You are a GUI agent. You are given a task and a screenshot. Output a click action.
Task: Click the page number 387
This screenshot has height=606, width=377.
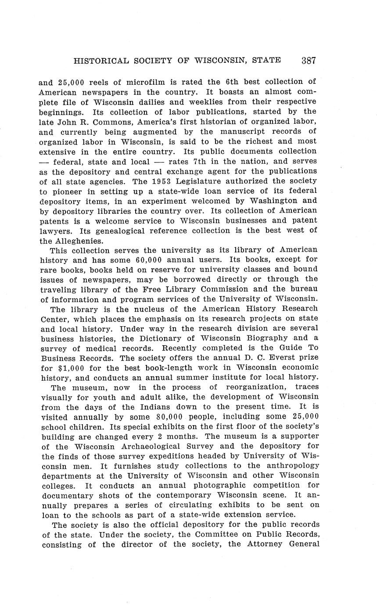pyautogui.click(x=309, y=61)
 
